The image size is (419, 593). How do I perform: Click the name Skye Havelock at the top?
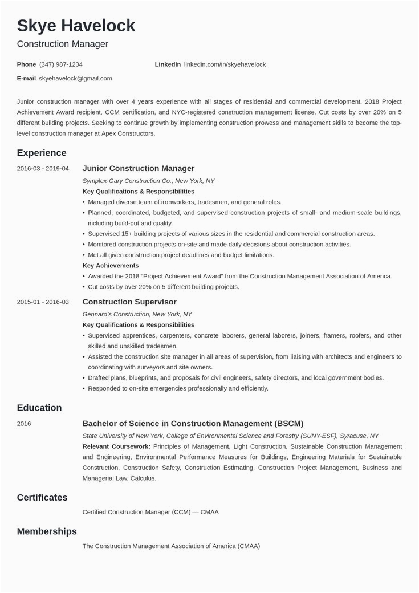(x=76, y=25)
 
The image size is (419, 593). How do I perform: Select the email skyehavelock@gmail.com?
(x=75, y=78)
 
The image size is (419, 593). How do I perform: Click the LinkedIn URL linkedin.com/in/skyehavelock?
(x=225, y=64)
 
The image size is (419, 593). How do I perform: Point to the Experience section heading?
(x=42, y=153)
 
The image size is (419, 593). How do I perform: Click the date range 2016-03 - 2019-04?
(x=43, y=169)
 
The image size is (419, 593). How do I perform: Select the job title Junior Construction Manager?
(x=139, y=169)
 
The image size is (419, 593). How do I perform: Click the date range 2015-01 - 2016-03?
(x=43, y=302)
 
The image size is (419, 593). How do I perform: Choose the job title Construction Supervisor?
(x=129, y=302)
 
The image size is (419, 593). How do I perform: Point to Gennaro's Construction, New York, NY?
(x=137, y=314)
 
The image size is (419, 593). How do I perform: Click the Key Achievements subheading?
(x=111, y=266)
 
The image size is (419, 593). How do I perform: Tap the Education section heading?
(x=39, y=408)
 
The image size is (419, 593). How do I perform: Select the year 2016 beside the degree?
(x=24, y=424)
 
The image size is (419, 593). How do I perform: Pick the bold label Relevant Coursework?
(x=116, y=446)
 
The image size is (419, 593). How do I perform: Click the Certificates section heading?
(x=42, y=498)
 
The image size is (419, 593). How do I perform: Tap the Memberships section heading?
(x=47, y=531)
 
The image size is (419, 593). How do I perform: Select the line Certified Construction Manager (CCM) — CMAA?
(x=150, y=512)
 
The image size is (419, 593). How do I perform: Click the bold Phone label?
(x=26, y=64)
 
